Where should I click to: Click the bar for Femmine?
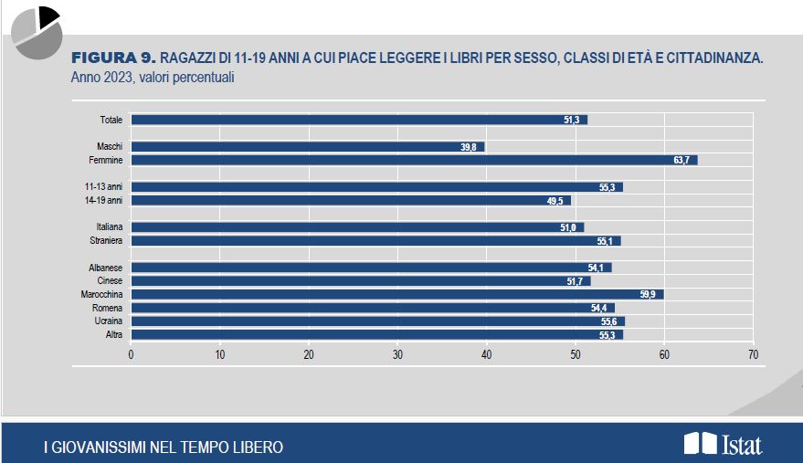pos(414,160)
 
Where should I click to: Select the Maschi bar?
pos(308,146)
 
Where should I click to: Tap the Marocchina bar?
pos(397,294)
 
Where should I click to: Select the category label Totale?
pos(111,120)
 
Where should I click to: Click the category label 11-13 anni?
pos(103,186)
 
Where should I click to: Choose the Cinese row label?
pos(110,281)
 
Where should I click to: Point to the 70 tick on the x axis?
pos(753,354)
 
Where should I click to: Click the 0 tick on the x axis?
pos(132,354)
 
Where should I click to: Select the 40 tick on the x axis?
pos(486,354)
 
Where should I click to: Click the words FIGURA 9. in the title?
pos(113,58)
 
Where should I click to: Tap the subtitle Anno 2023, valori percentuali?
pos(153,78)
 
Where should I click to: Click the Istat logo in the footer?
pos(723,445)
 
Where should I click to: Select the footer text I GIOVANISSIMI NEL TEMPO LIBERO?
pos(164,447)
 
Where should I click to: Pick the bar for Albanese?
pos(371,268)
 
